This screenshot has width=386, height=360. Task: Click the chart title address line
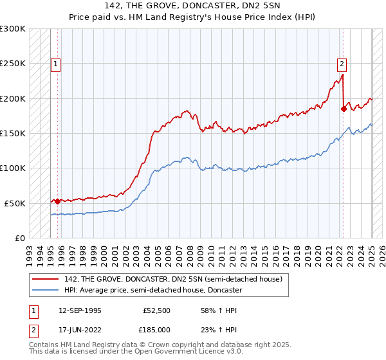tap(192, 6)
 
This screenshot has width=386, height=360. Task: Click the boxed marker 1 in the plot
tap(57, 64)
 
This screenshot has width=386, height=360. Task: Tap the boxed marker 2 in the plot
tap(342, 64)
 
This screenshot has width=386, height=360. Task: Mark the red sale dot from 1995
tap(57, 201)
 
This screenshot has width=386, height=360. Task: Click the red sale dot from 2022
tap(344, 109)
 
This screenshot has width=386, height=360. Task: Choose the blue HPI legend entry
tap(152, 290)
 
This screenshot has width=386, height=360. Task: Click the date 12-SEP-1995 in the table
tap(80, 310)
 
